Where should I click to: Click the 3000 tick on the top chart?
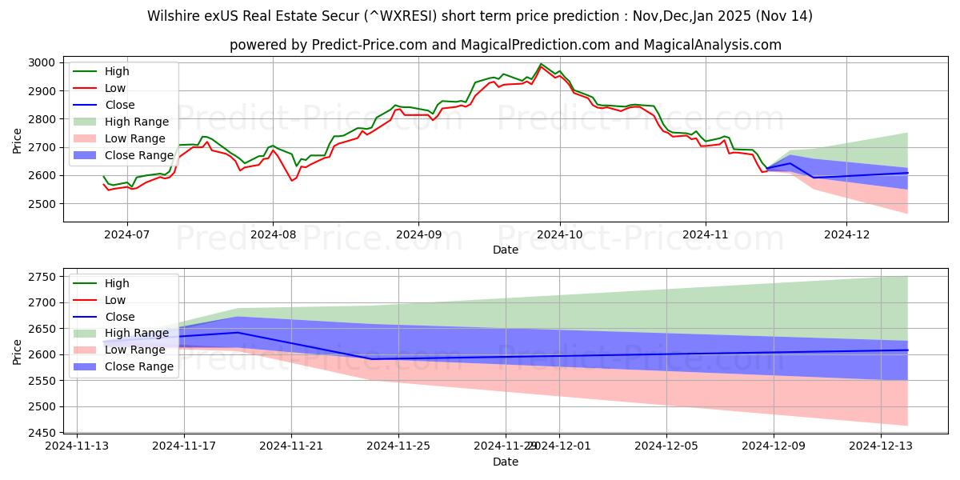coord(42,62)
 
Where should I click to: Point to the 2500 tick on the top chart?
coord(42,204)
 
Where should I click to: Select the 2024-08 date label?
coord(273,234)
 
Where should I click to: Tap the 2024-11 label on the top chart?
coord(705,234)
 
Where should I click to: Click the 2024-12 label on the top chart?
coord(846,234)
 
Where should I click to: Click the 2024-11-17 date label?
coord(184,446)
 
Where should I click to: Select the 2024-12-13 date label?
coord(881,446)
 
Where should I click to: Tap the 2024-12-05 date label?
coord(666,446)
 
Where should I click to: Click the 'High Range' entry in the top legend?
coord(136,122)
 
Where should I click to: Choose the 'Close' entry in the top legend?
coord(119,105)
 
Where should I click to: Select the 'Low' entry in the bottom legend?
coord(116,300)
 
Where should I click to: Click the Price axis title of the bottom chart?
coord(18,351)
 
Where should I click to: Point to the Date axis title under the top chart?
coord(506,250)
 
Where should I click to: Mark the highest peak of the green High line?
coord(541,64)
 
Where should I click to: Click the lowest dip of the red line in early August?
coord(291,181)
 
